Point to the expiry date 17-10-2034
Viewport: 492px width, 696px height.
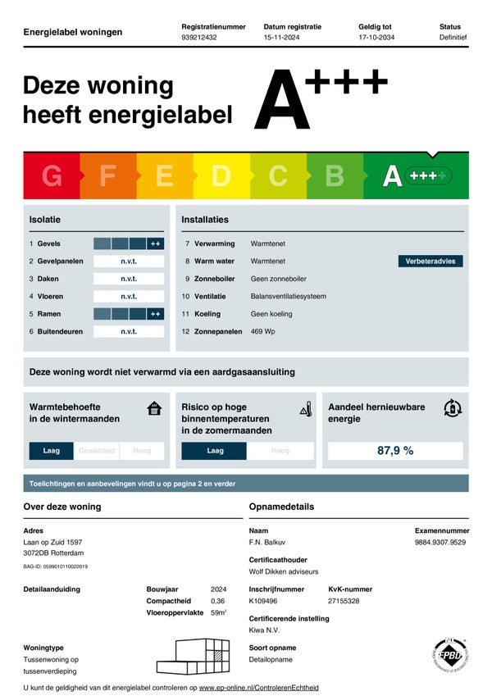point(378,38)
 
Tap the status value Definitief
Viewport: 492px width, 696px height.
point(453,38)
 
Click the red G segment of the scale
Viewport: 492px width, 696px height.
point(52,175)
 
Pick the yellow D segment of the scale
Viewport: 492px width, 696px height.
point(221,175)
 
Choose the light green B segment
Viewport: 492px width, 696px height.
point(335,175)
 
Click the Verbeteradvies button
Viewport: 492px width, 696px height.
point(430,262)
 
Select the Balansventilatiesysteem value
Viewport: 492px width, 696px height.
point(288,296)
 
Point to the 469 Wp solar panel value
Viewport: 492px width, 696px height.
point(263,331)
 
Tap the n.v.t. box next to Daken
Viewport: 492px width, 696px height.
point(129,279)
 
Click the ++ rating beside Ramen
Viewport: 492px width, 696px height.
point(155,314)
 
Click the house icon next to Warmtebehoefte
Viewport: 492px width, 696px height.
point(154,408)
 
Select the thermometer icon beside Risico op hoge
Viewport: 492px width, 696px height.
point(306,408)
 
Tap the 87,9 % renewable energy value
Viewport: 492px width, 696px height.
point(395,451)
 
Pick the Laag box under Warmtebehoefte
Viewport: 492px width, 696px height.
point(52,451)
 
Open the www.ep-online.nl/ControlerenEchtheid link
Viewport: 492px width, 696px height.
point(259,687)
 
